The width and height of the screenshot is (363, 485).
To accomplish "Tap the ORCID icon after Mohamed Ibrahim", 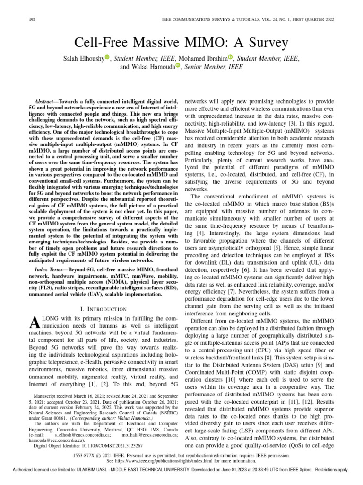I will coord(231,58).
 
